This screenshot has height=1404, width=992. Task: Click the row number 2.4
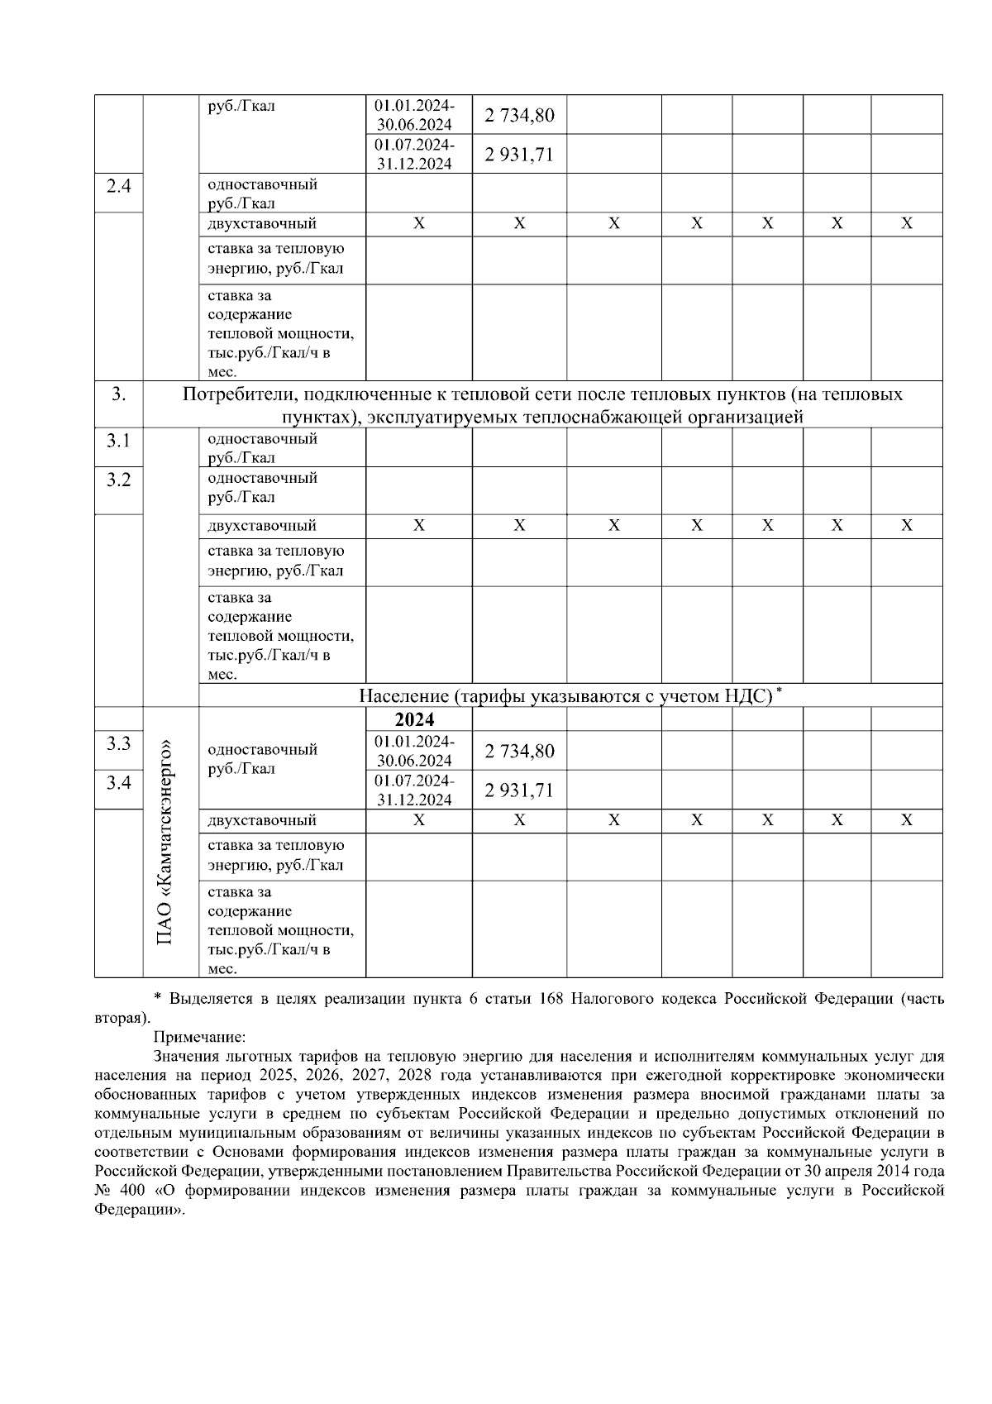coord(119,186)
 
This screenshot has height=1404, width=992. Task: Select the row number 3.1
coord(119,441)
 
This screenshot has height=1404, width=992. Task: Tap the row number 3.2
coord(119,480)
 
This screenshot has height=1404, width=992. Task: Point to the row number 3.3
coord(119,743)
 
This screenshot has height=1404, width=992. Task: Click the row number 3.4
coord(119,782)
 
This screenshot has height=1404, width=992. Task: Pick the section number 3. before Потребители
coord(119,394)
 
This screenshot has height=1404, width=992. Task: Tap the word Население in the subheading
coord(403,696)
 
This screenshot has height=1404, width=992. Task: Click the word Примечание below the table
coord(199,1037)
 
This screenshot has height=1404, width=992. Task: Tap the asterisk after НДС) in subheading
coord(779,690)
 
